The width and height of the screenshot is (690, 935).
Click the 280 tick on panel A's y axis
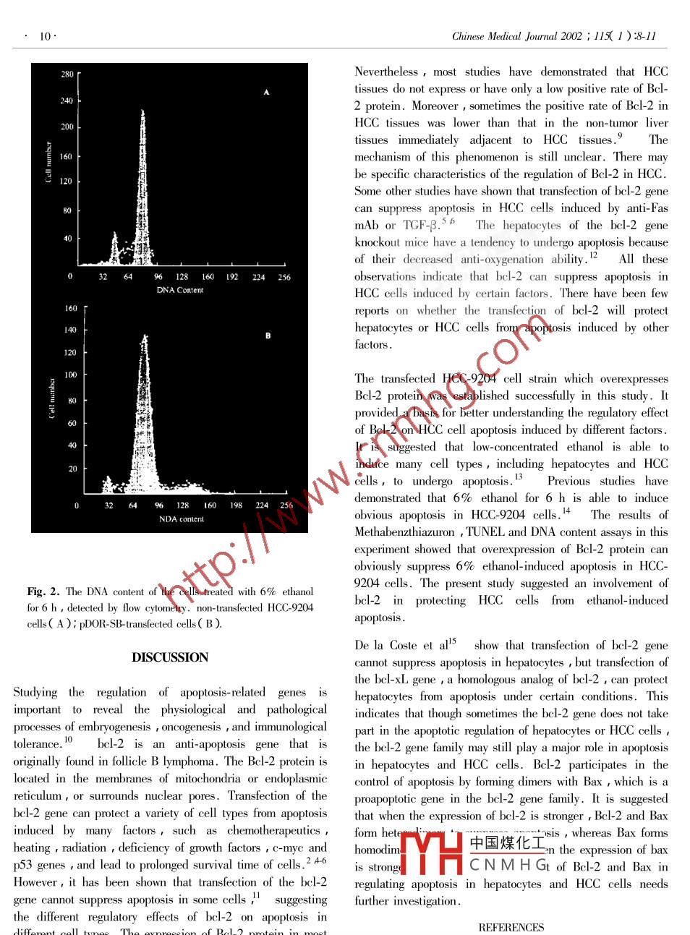(67, 74)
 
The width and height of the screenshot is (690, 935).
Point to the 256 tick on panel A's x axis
(284, 277)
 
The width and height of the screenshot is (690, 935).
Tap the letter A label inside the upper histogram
(266, 93)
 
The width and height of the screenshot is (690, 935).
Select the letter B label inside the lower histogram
(268, 336)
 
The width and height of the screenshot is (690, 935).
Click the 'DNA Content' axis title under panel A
(180, 290)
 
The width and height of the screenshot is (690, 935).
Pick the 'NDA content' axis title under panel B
(182, 519)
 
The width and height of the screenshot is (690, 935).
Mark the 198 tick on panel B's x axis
(236, 505)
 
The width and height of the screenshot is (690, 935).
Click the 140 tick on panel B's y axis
(70, 330)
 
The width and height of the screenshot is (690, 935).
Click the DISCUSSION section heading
(170, 657)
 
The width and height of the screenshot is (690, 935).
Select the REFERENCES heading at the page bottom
(511, 928)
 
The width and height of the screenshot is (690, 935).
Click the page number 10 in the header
(45, 36)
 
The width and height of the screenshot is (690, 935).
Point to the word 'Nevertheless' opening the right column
(386, 72)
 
